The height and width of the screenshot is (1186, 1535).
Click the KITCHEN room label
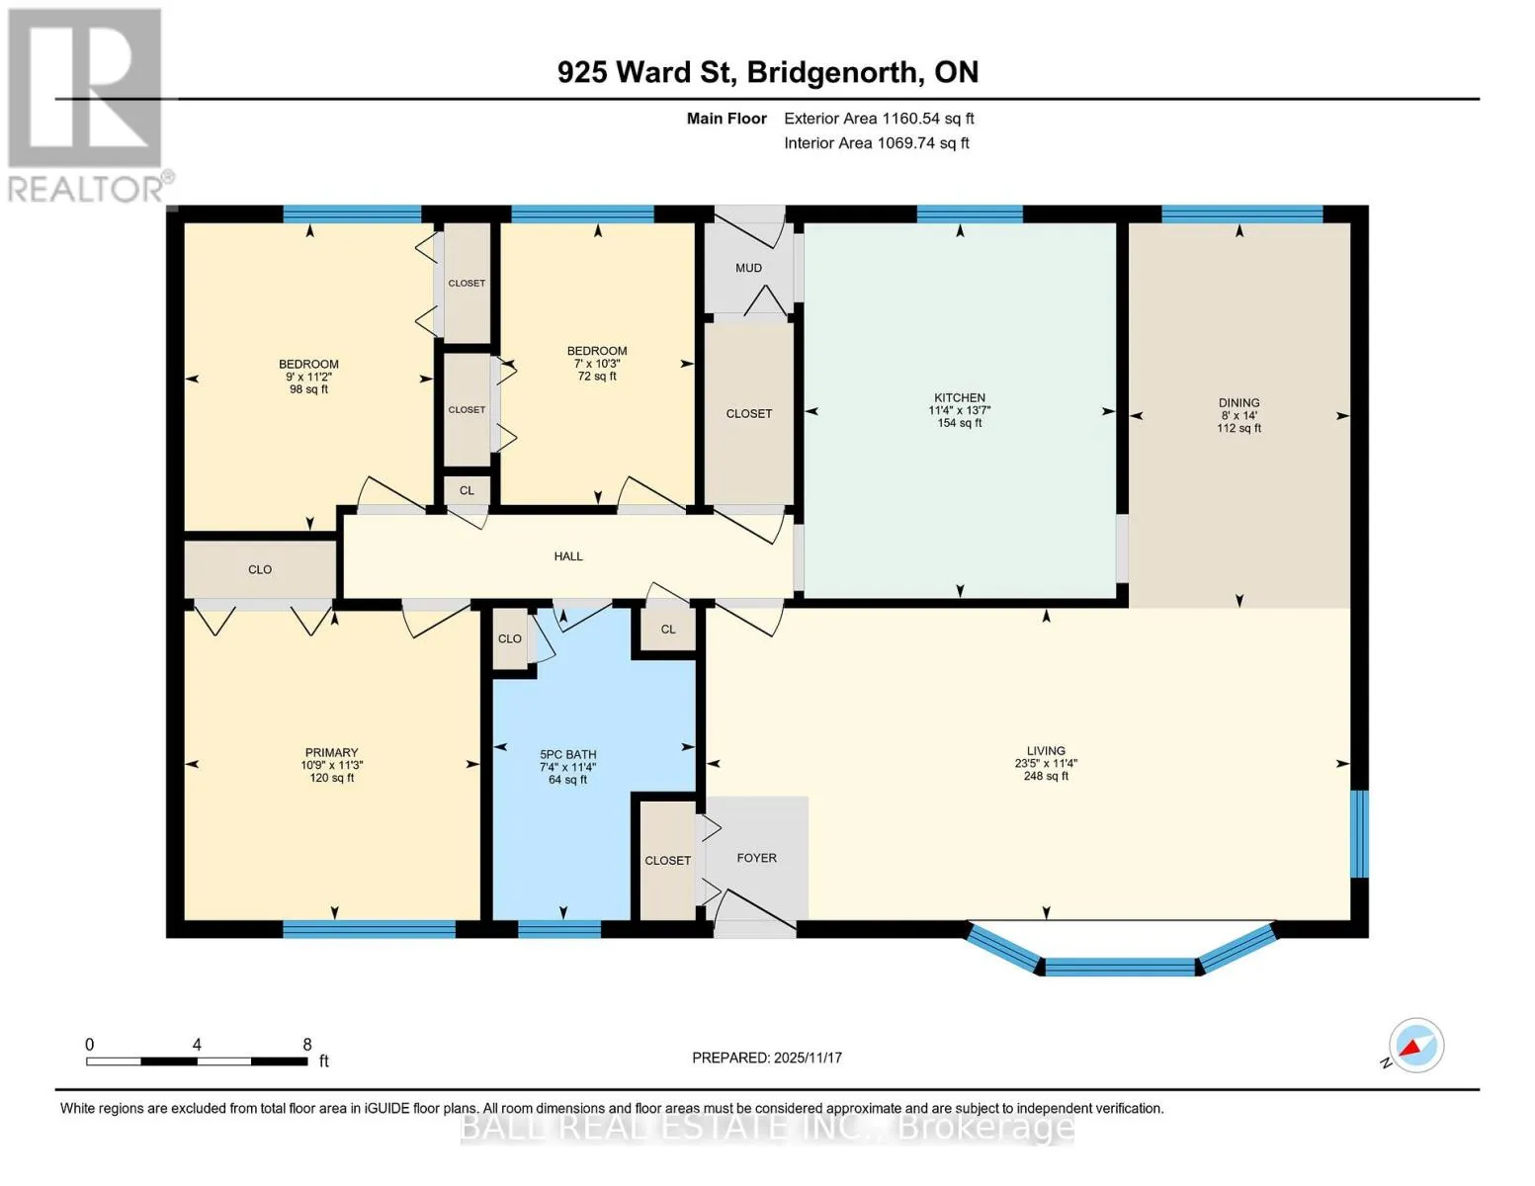click(x=960, y=397)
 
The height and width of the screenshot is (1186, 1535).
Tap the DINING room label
click(x=1238, y=402)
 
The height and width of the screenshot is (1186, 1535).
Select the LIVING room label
click(x=1046, y=751)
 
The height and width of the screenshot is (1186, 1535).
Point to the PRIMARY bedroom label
click(x=331, y=752)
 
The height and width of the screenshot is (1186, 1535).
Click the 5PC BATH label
click(x=568, y=754)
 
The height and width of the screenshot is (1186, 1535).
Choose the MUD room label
click(x=748, y=268)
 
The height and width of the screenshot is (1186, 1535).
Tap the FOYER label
click(x=756, y=858)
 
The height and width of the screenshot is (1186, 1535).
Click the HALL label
click(x=568, y=555)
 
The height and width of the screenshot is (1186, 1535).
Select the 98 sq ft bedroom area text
click(x=308, y=389)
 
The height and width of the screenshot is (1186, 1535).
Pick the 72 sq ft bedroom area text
click(x=597, y=376)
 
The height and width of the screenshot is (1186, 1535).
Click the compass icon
click(x=1415, y=1045)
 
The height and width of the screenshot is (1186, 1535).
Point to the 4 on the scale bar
click(x=197, y=1044)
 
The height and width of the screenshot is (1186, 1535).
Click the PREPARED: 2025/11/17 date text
click(x=766, y=1058)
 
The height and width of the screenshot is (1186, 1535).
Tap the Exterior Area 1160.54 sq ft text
click(x=879, y=119)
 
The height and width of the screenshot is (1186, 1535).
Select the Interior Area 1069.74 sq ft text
click(x=876, y=142)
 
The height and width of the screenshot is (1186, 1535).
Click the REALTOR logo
click(x=88, y=106)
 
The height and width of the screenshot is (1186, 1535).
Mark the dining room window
click(x=1241, y=213)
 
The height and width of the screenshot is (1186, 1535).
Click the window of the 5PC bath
click(x=559, y=929)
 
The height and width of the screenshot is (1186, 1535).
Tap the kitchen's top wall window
click(x=970, y=213)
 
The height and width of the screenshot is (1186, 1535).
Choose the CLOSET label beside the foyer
click(x=667, y=861)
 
